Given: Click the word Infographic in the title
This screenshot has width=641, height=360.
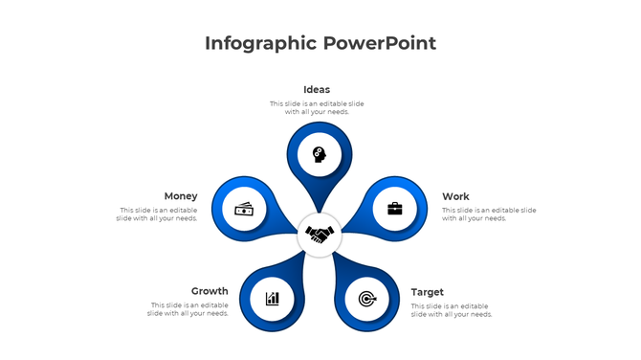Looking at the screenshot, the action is click(x=260, y=43).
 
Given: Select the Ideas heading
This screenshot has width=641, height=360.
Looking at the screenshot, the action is click(x=317, y=90).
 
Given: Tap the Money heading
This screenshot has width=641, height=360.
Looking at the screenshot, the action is click(x=181, y=196).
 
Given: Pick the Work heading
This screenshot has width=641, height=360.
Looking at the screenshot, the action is click(x=455, y=196).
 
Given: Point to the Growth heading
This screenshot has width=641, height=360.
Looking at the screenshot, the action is click(x=210, y=291).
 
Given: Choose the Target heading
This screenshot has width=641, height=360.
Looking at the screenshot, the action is click(x=428, y=291).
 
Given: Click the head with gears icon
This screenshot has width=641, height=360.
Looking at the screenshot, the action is click(x=319, y=153).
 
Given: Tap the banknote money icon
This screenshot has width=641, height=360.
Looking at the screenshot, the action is click(x=244, y=209).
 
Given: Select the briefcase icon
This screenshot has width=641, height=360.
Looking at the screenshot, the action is click(x=395, y=208).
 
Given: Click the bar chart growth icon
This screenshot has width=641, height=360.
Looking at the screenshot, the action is click(x=273, y=299).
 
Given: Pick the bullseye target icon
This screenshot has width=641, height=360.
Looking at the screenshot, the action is click(x=366, y=299).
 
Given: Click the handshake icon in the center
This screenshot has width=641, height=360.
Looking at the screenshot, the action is click(x=320, y=234).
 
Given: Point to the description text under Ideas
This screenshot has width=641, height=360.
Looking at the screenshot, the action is click(x=317, y=107).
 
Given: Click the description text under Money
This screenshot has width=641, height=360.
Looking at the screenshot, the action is click(x=158, y=214).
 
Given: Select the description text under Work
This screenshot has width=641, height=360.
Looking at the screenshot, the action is click(x=489, y=214).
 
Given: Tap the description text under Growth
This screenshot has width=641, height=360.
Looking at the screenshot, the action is click(x=188, y=308).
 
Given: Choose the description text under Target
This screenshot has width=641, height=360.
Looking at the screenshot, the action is click(x=452, y=309).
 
